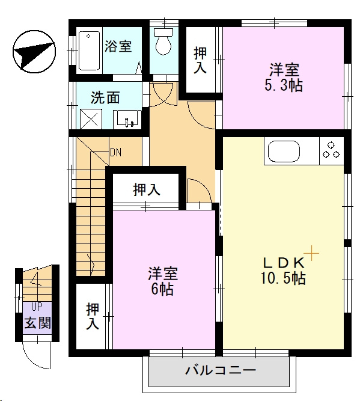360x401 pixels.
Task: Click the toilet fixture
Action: tap(163, 43)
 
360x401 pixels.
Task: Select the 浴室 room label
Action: tap(118, 46)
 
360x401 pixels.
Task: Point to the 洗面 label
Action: tap(105, 97)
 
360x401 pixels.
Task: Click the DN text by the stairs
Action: tap(115, 152)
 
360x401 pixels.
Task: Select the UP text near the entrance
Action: tap(37, 306)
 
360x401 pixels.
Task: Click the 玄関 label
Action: tap(37, 323)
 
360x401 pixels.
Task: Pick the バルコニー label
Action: tap(221, 369)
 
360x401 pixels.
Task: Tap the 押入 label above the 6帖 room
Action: tap(147, 190)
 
